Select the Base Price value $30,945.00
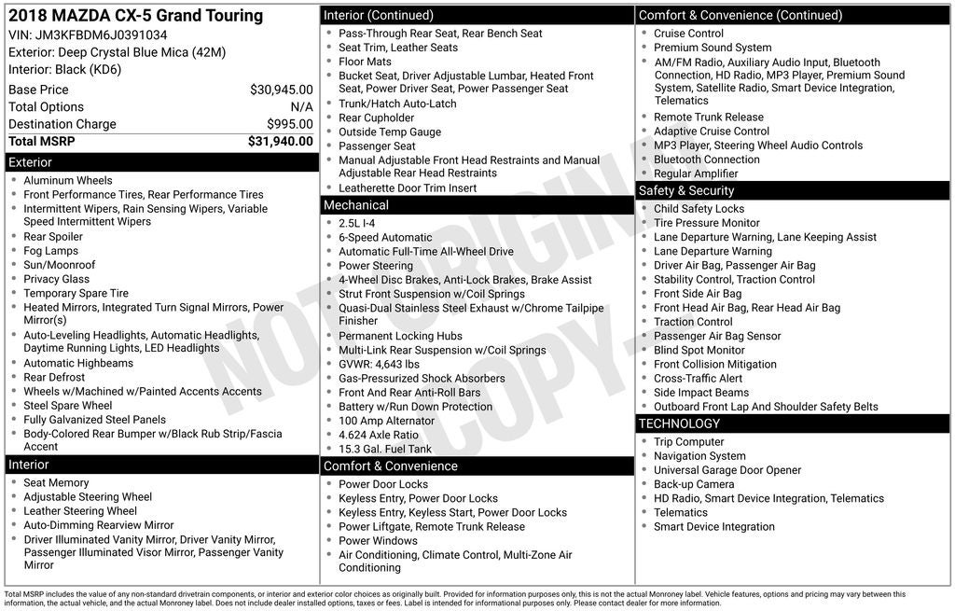(x=281, y=90)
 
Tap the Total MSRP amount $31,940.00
(x=280, y=142)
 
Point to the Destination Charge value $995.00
(x=289, y=124)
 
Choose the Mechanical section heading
(x=356, y=205)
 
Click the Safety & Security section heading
(x=686, y=190)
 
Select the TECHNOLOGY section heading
(x=680, y=424)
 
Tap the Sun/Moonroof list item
(x=60, y=265)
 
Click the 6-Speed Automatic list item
(x=385, y=238)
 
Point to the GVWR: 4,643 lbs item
(x=379, y=365)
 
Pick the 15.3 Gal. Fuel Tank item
(x=385, y=449)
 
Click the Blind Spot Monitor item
(x=699, y=350)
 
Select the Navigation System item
(x=699, y=456)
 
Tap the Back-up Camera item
(x=694, y=484)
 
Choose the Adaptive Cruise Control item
(x=712, y=132)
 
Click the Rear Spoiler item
(x=53, y=237)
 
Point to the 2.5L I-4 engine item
(x=357, y=223)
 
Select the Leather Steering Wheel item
(x=80, y=511)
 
